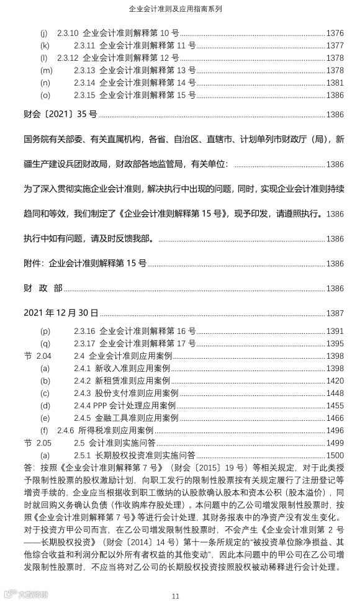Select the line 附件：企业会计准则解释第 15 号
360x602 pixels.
coord(85,263)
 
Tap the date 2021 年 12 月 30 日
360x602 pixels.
coord(61,313)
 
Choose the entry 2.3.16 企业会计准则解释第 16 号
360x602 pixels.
coord(135,331)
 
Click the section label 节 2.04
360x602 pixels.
coord(37,356)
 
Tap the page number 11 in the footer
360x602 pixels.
coord(176,596)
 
